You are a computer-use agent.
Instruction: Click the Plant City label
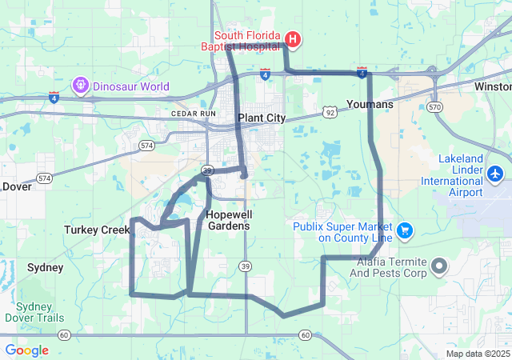[x=261, y=118]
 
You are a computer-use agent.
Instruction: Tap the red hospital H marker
[x=294, y=39]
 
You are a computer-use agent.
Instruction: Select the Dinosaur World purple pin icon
[x=80, y=84]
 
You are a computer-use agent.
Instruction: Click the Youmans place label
[x=370, y=104]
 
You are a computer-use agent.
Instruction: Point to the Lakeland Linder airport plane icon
[x=495, y=173]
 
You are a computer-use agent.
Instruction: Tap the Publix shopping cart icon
[x=404, y=231]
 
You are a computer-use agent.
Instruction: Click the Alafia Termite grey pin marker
[x=438, y=265]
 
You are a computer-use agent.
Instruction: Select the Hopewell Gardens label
[x=227, y=220]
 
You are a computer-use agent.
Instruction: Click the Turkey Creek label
[x=97, y=230]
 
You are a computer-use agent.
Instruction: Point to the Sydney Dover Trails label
[x=34, y=312]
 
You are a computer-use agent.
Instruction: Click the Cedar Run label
[x=194, y=114]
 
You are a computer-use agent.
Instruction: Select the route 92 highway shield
[x=329, y=113]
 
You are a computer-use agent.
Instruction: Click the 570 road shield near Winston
[x=434, y=106]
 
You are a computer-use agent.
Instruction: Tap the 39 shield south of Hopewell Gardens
[x=245, y=266]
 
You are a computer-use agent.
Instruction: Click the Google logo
[x=26, y=350]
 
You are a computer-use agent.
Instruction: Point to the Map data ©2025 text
[x=478, y=354]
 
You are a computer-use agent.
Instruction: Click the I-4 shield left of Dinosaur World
[x=54, y=98]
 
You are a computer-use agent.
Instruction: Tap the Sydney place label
[x=45, y=267]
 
